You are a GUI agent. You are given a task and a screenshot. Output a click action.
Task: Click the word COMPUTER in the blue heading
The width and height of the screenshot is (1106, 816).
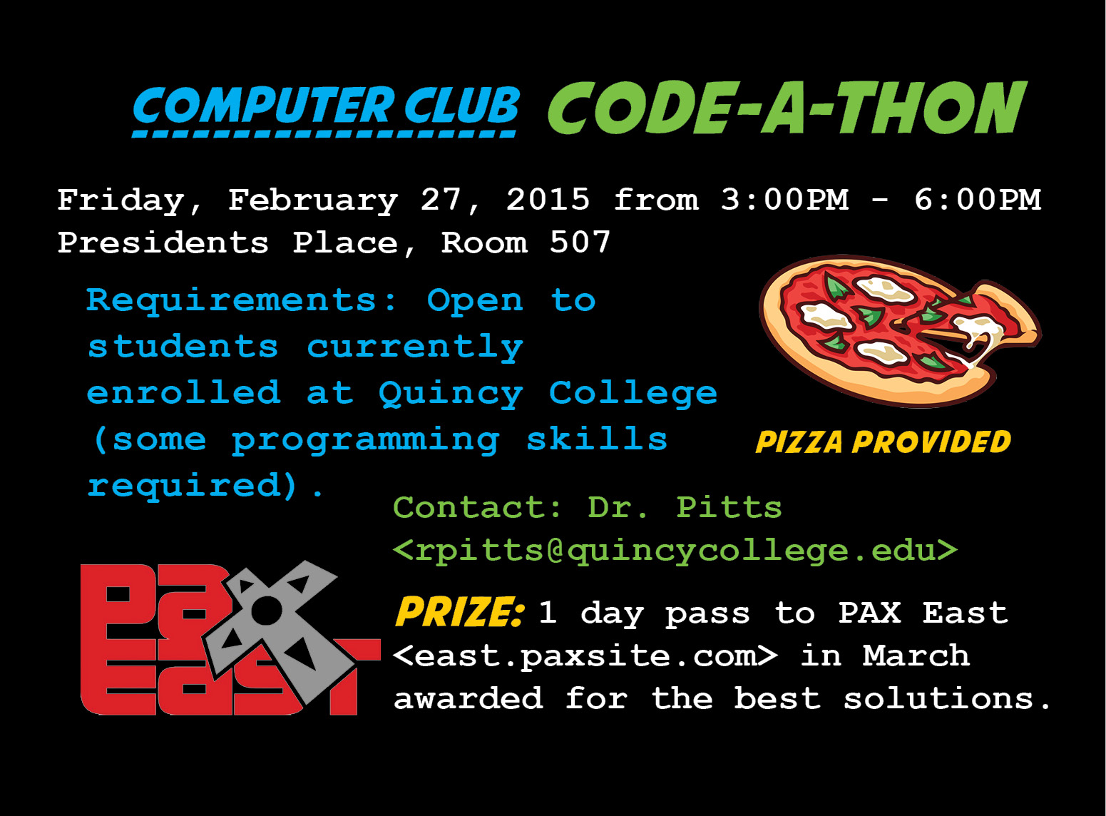264,106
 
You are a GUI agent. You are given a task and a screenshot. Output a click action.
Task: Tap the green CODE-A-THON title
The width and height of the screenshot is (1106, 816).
787,107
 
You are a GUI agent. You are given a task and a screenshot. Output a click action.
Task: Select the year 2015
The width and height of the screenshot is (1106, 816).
548,199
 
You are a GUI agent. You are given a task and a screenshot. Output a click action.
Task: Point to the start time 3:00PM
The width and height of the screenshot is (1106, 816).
784,199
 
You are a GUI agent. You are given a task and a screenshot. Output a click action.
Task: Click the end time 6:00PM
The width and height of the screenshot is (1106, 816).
977,199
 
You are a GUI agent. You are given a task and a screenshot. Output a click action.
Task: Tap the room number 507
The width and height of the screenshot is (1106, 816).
580,242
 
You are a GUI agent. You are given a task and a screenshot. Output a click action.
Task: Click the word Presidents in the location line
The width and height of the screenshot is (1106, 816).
163,242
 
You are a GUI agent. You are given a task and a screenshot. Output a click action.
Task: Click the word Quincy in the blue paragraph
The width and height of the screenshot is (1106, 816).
451,394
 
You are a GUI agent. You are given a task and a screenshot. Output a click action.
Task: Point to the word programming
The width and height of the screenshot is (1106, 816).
365,441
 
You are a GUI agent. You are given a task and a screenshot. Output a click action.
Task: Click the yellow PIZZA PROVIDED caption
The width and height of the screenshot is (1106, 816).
883,442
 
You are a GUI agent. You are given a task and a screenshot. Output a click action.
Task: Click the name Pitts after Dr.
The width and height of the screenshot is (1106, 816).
729,506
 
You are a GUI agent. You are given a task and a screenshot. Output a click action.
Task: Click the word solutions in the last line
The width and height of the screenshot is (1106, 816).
938,698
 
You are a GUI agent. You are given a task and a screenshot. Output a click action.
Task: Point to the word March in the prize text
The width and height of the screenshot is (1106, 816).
916,656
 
